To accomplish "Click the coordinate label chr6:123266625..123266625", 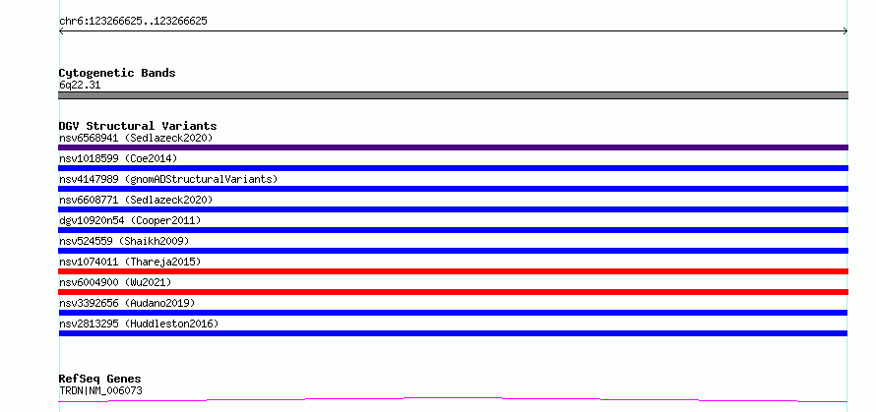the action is click(133, 22).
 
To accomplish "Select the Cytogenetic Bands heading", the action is click(117, 73).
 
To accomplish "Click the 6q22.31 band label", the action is click(80, 86).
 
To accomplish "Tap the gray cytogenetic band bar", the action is click(453, 95).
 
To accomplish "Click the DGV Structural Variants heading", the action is click(138, 126).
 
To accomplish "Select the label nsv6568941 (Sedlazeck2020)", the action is click(136, 138).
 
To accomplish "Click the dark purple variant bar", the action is click(453, 147).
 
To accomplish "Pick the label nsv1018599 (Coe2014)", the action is click(118, 158).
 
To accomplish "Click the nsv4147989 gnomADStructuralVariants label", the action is click(168, 179).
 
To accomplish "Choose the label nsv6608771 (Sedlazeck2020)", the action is click(136, 200).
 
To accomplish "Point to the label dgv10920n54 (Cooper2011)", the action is click(130, 220).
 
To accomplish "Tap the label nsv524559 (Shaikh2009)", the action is click(124, 241).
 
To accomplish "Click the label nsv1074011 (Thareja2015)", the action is click(130, 262).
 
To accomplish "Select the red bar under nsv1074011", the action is click(453, 271).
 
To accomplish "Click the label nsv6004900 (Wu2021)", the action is click(115, 282).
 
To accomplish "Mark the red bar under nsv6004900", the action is click(453, 292).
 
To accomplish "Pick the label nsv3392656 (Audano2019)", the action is click(127, 303).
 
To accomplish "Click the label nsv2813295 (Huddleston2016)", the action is click(139, 324).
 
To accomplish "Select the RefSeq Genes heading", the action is click(100, 380).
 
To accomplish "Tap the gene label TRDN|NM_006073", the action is click(100, 390).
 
